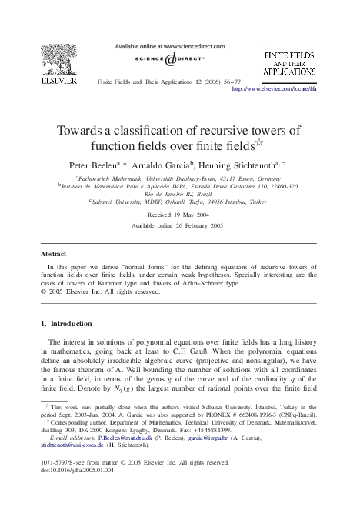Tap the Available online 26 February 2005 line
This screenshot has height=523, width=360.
180,228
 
